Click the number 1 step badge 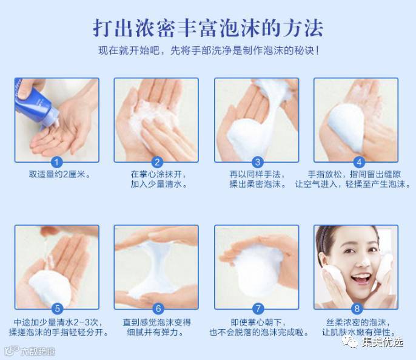pos(56,162)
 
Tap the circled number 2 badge pos(157,162)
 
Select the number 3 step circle pos(257,162)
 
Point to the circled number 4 pos(359,162)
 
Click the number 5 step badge pos(57,308)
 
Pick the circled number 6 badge pos(158,308)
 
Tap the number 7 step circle pos(258,308)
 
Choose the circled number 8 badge pos(357,308)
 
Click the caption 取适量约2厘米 pos(59,174)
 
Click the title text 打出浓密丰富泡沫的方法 pos(208,28)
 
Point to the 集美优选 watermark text pos(382,342)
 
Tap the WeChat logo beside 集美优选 pos(351,341)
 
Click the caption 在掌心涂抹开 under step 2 pos(158,174)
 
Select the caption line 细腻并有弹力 pos(155,332)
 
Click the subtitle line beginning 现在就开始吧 pos(209,50)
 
